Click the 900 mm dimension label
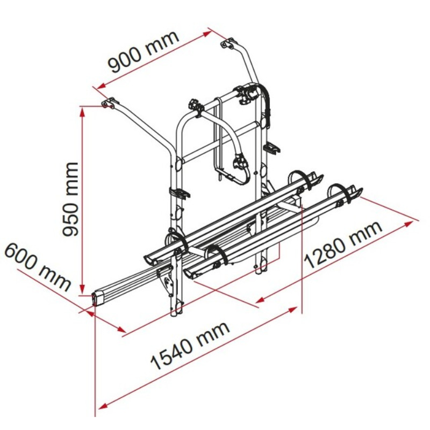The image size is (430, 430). pyautogui.click(x=144, y=52)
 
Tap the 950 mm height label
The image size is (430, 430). pyautogui.click(x=70, y=199)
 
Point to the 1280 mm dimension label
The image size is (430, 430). pyautogui.click(x=343, y=245)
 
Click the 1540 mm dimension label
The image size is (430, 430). pyautogui.click(x=190, y=346)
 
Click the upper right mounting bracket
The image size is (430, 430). pyautogui.click(x=229, y=44)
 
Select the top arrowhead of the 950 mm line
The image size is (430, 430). pyautogui.click(x=82, y=111)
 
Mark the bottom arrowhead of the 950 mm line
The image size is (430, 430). pyautogui.click(x=82, y=289)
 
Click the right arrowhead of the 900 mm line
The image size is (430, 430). pyautogui.click(x=207, y=34)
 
